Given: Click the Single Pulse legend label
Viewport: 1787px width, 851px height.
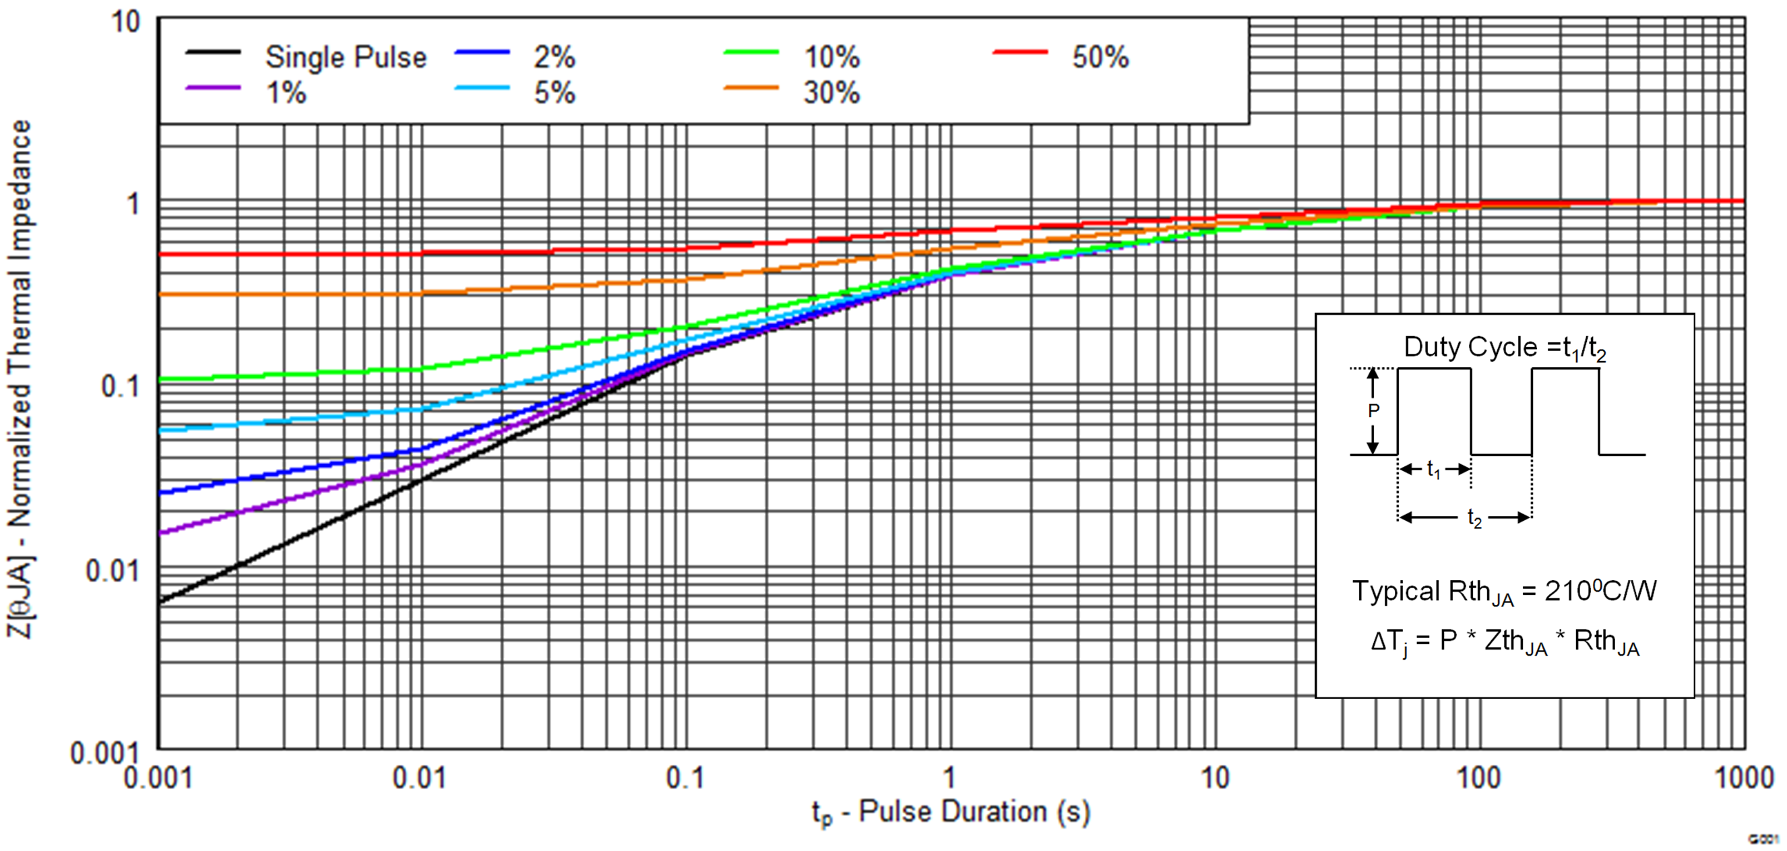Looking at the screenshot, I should [346, 57].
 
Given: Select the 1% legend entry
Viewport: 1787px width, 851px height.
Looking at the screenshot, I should [286, 92].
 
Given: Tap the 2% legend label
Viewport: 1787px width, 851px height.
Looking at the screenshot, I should [555, 57].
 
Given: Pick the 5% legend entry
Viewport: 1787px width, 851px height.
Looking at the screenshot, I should [555, 92].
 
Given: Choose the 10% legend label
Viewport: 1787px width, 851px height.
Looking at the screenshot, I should [832, 57].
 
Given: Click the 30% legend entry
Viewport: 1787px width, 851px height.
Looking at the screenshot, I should [832, 92].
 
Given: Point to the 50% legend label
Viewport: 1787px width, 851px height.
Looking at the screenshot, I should [1100, 57].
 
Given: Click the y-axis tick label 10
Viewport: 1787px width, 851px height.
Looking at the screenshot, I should [125, 22].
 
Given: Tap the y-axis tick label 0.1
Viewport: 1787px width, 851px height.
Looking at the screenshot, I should [120, 386].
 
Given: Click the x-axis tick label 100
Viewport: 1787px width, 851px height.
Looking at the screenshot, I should [1478, 778].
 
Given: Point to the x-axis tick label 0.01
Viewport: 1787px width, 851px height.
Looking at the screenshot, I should [419, 778].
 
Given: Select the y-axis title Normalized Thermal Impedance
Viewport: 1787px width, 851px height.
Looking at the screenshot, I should [20, 378].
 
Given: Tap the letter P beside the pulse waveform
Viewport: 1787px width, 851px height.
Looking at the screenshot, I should [1373, 410].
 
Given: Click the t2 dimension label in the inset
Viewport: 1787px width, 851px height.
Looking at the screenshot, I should [1474, 518].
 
